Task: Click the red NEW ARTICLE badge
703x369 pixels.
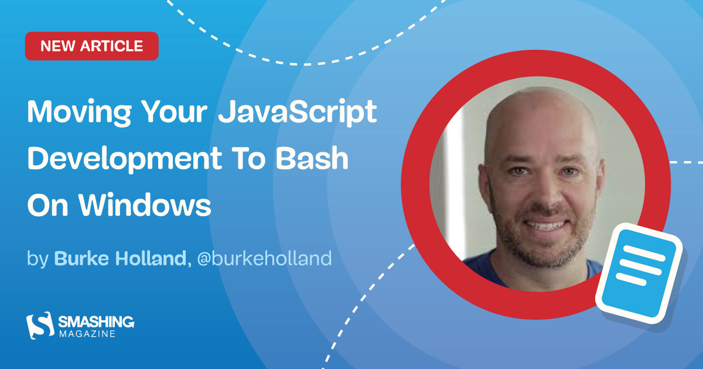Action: pos(91,46)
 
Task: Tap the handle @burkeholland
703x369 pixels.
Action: pos(264,258)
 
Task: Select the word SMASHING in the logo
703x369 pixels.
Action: pos(96,322)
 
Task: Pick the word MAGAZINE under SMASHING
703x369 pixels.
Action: pos(87,334)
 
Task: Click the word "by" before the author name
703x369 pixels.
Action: pos(37,259)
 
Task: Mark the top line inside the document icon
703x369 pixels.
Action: pos(646,249)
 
